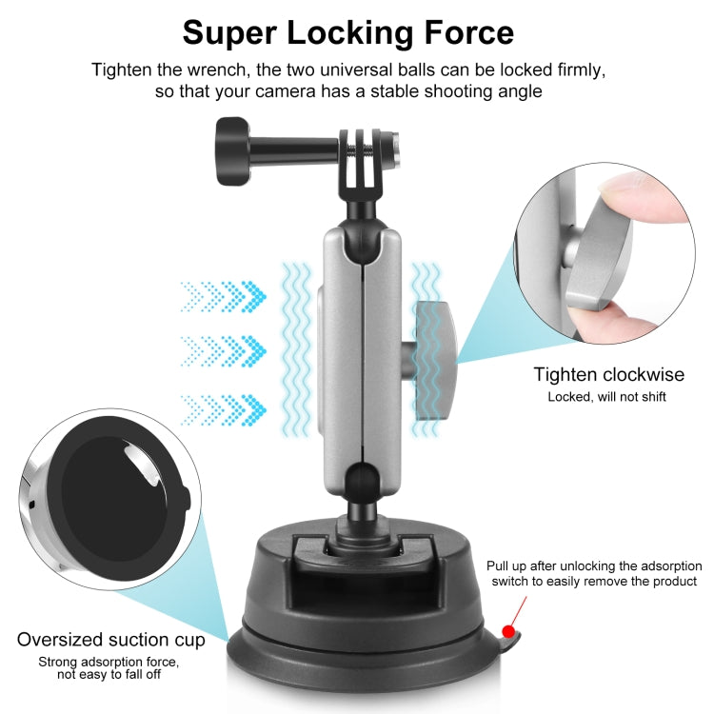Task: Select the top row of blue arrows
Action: pos(224,294)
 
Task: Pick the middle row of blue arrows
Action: pos(224,348)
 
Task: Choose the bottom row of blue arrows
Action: pos(224,408)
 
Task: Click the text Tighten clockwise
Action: pos(608,374)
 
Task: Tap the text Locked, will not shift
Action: pos(606,396)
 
